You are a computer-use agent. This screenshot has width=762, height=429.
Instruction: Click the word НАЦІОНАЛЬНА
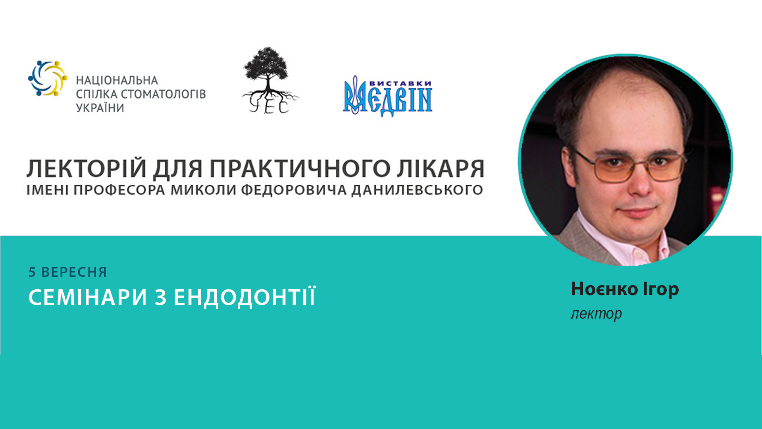click(x=117, y=81)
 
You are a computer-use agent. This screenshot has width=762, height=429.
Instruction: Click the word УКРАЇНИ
click(x=100, y=108)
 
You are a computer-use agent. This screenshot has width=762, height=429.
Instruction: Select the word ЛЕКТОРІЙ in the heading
click(x=87, y=168)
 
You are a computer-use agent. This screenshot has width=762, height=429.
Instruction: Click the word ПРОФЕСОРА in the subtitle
click(x=119, y=190)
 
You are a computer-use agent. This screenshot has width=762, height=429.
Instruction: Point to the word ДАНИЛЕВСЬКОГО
click(x=417, y=190)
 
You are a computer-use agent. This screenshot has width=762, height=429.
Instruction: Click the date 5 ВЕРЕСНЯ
click(x=68, y=272)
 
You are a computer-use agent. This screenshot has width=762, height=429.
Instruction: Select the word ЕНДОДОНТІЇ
click(x=245, y=297)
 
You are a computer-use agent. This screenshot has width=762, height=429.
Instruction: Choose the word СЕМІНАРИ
click(x=88, y=297)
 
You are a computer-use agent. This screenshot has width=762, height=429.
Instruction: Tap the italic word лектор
click(x=596, y=313)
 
